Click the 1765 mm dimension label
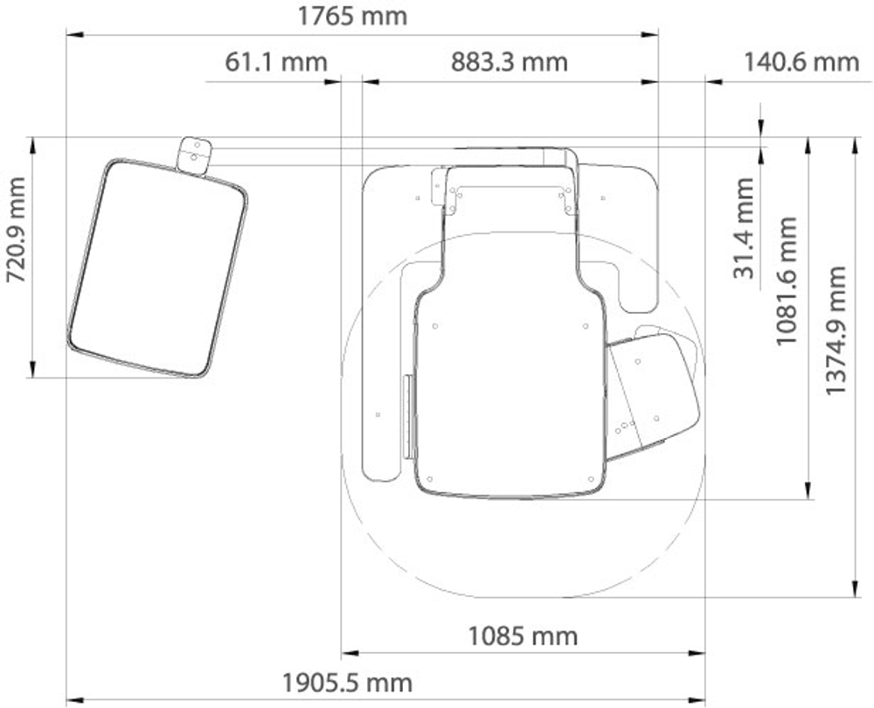tap(352, 16)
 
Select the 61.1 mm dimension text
tap(276, 61)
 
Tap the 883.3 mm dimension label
tap(509, 61)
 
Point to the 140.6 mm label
tap(801, 61)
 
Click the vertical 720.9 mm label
tap(16, 229)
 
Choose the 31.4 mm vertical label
tap(744, 228)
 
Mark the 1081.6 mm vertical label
tap(787, 281)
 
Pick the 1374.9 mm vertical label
tap(835, 330)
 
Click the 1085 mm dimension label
tap(523, 635)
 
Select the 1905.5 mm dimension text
tap(347, 683)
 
